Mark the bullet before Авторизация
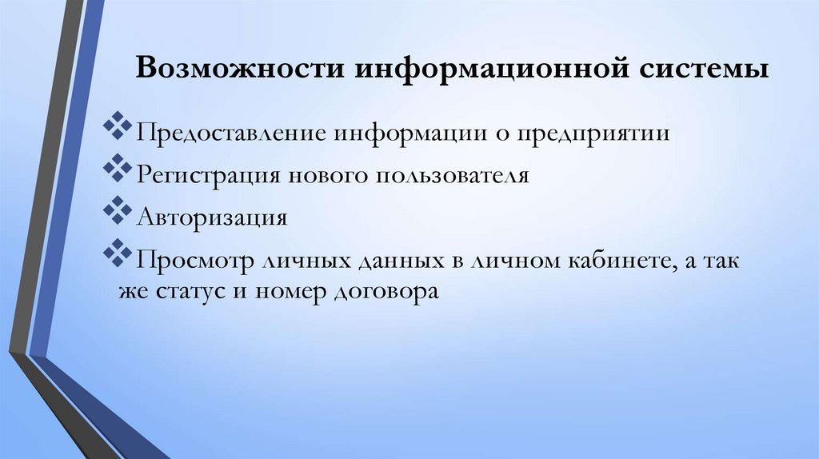(x=118, y=211)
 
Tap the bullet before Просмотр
(x=118, y=254)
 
